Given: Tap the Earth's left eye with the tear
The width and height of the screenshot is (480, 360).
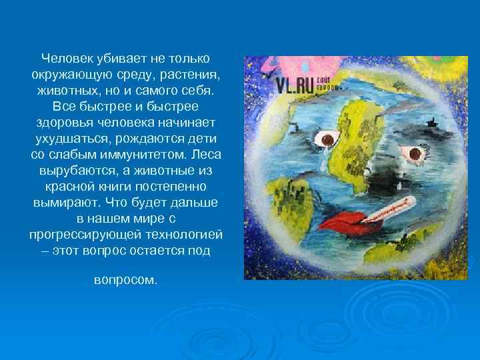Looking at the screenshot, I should tap(328, 139).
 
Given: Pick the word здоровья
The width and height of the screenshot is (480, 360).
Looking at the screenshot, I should tap(65, 123).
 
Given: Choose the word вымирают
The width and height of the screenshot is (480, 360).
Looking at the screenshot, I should tap(63, 203).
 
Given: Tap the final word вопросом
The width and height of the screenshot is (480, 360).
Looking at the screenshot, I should tap(125, 280).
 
